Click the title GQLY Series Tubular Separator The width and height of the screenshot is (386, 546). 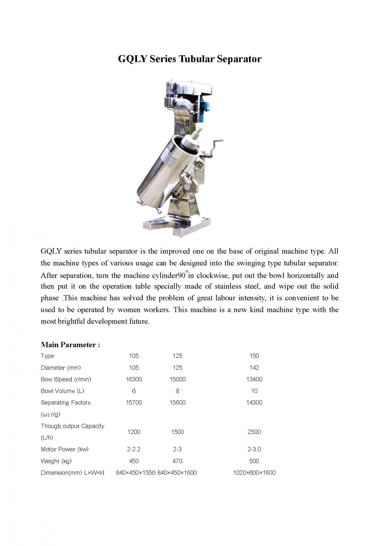190,59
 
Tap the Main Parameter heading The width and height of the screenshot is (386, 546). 70,345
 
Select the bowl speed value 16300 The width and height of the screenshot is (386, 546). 134,379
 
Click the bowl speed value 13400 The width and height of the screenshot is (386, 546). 254,379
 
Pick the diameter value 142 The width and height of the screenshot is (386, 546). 254,368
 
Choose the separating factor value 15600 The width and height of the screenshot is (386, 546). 178,402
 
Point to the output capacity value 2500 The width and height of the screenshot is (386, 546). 254,432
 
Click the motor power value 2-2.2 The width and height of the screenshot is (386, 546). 134,449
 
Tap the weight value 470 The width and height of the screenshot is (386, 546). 178,461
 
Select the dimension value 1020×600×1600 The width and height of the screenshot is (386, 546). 254,473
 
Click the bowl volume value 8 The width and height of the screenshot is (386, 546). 178,391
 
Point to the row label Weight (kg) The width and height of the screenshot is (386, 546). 56,461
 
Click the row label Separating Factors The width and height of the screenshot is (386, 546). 66,402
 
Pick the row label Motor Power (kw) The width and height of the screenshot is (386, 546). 64,449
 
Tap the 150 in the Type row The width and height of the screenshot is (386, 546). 254,356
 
